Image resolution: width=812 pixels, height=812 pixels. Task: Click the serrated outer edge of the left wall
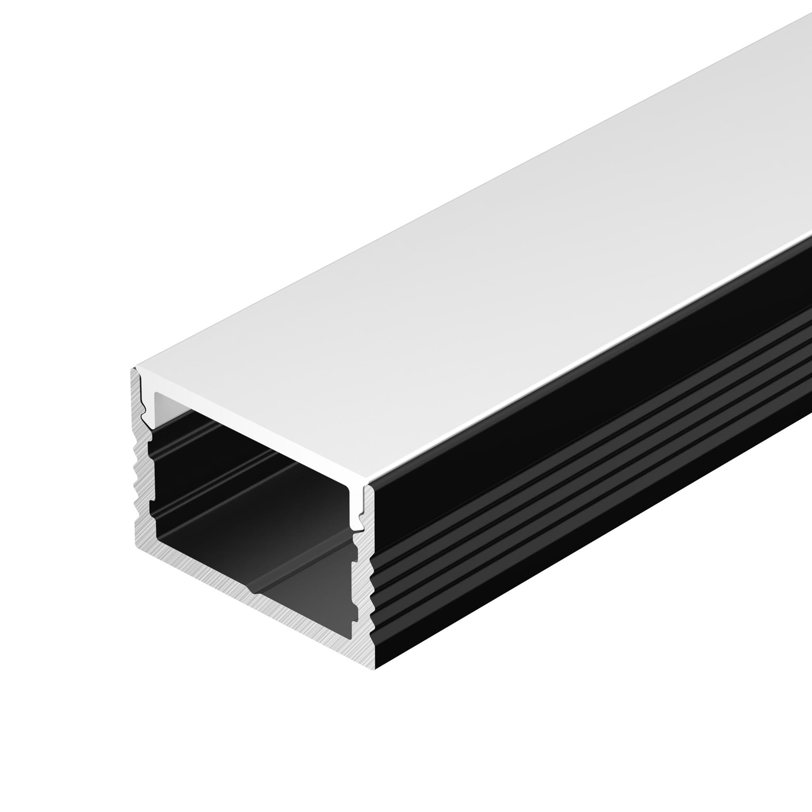pyautogui.click(x=136, y=475)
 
